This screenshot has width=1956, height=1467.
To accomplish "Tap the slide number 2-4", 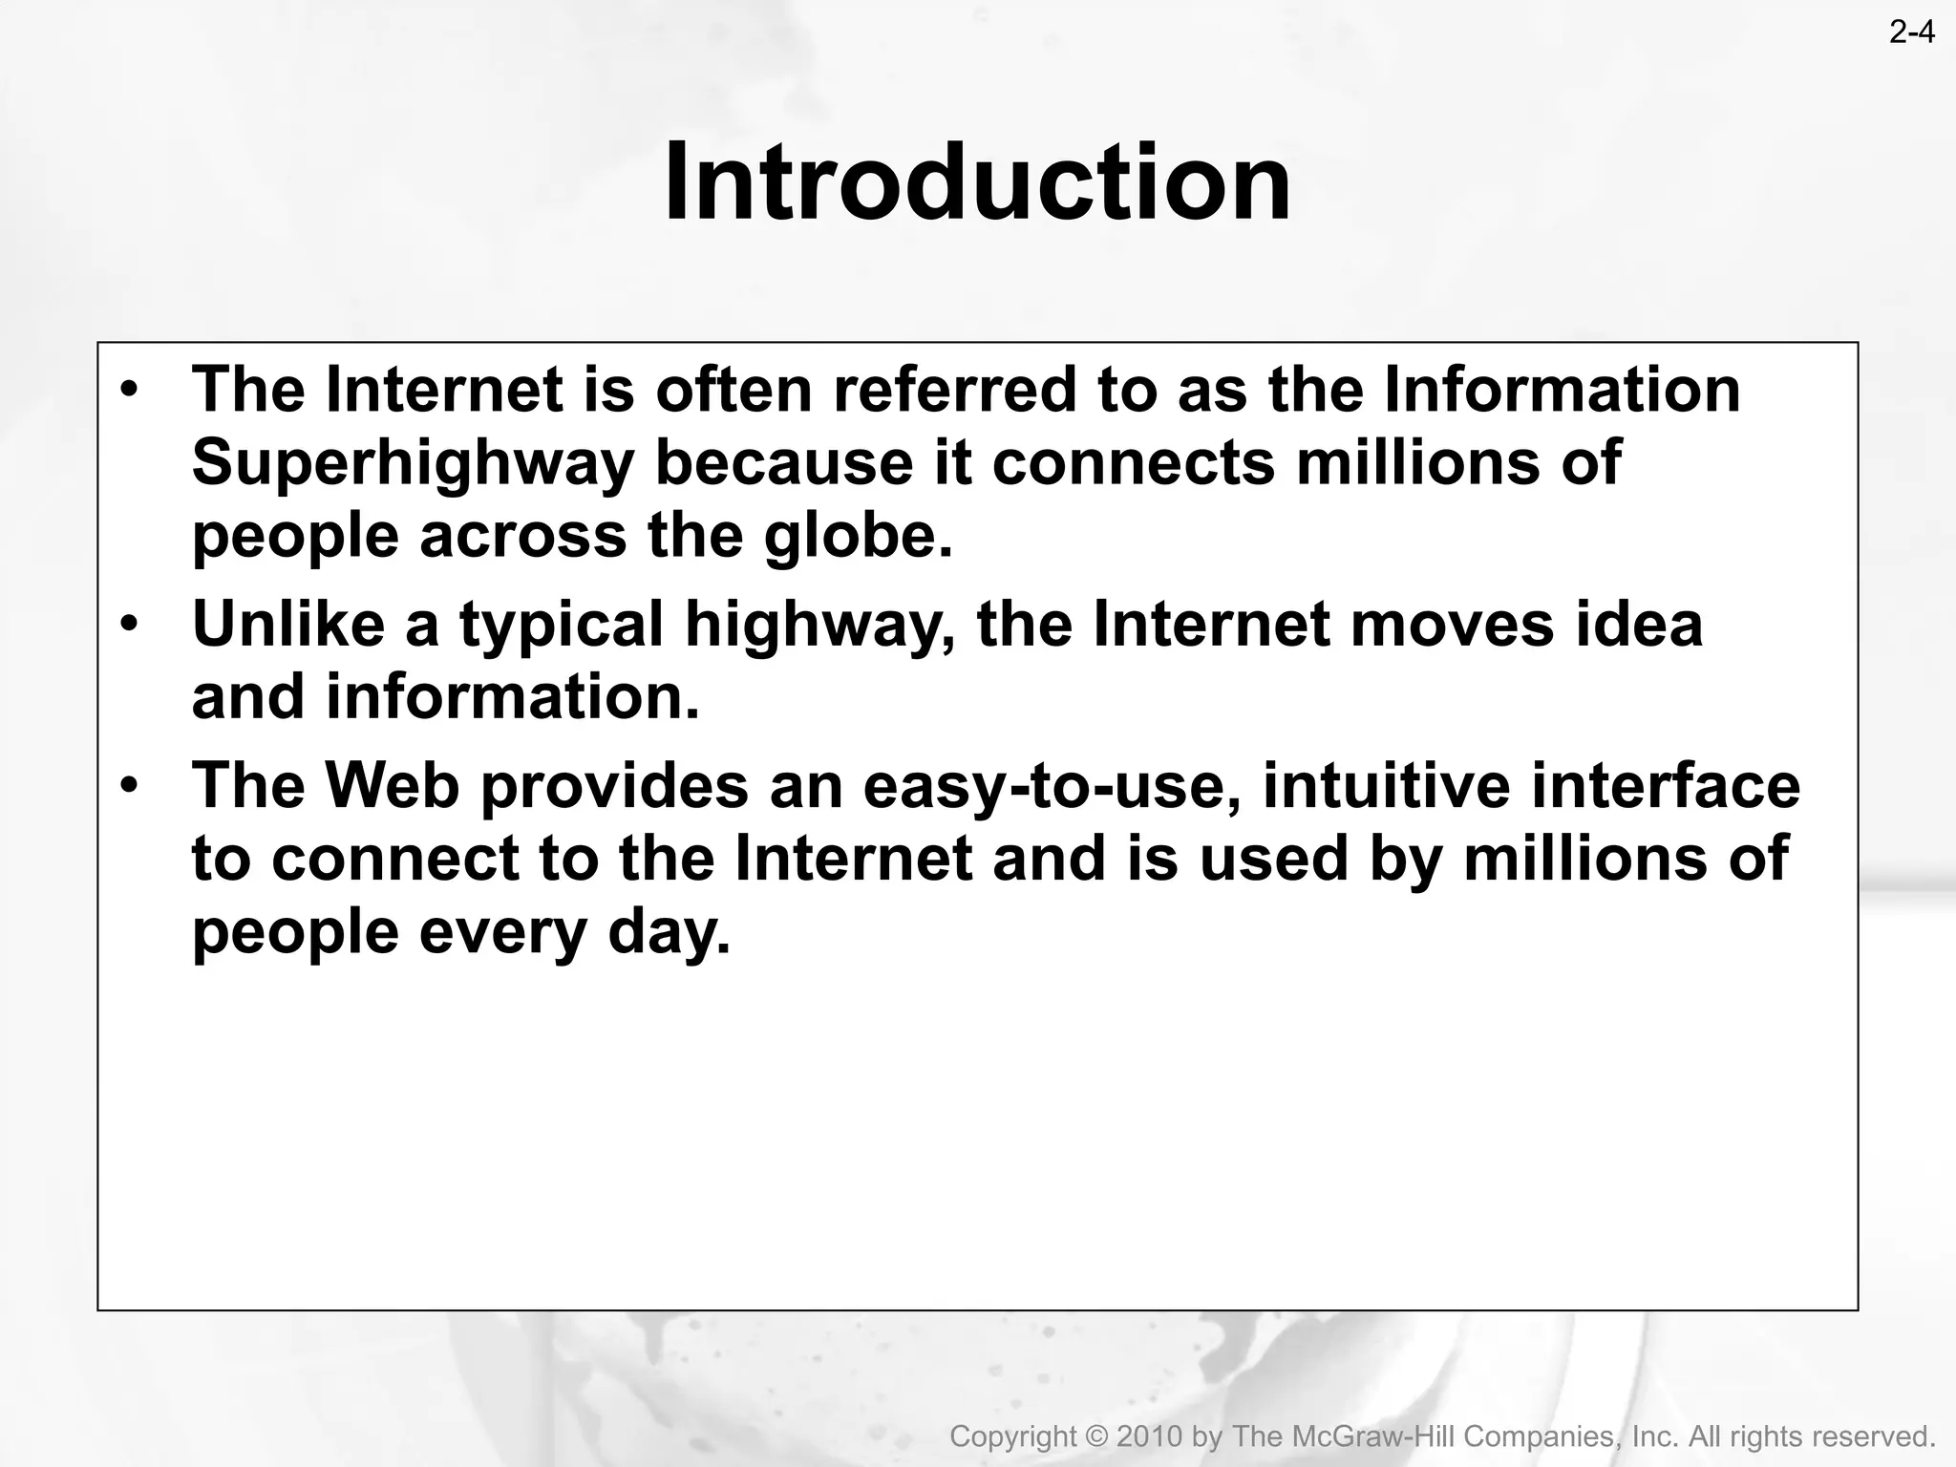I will [x=1911, y=32].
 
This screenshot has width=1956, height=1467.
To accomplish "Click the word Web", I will [x=393, y=785].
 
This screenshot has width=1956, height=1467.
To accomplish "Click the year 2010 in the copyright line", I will [x=1150, y=1436].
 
